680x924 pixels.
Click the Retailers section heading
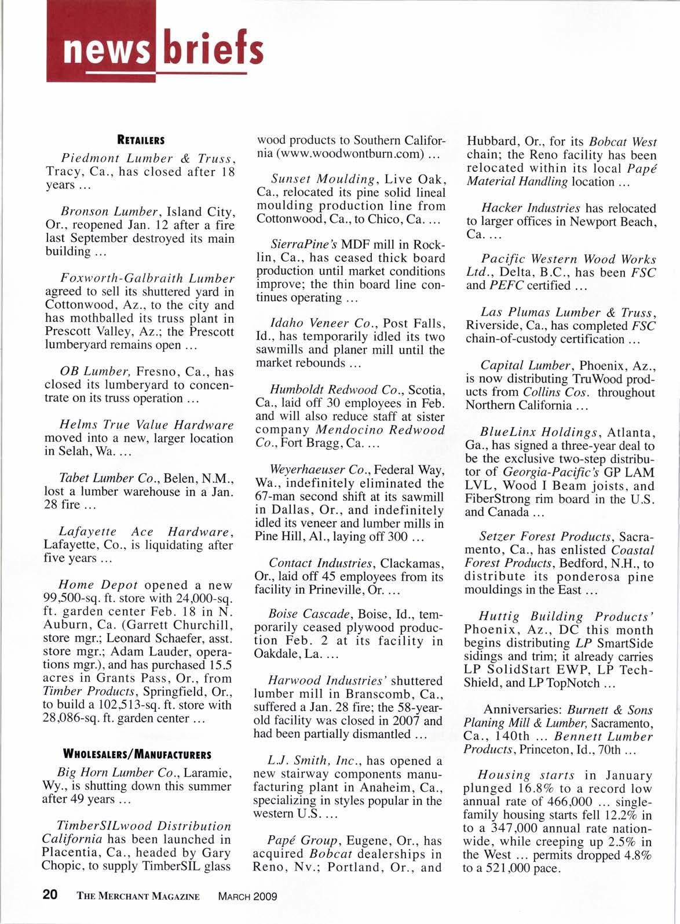(x=141, y=140)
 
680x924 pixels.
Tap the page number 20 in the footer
(x=50, y=895)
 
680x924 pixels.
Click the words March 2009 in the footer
(x=247, y=896)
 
